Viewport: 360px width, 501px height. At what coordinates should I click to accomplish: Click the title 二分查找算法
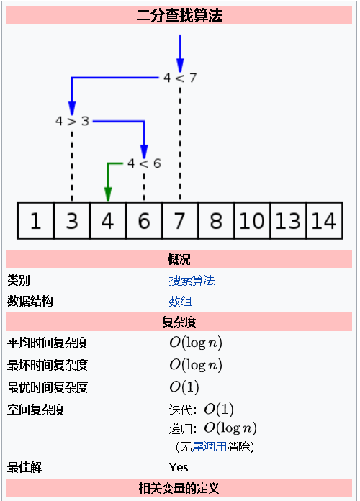[x=179, y=14]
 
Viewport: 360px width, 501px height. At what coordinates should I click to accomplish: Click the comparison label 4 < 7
[x=180, y=78]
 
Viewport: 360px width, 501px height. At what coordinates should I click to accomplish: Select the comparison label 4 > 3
[x=72, y=121]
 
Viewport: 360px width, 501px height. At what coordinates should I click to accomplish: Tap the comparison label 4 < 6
[x=144, y=163]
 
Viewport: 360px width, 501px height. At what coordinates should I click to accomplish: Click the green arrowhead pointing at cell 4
[x=108, y=194]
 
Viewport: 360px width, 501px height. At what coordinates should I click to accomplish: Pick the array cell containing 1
[x=36, y=221]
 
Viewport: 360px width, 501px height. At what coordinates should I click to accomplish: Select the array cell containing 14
[x=323, y=221]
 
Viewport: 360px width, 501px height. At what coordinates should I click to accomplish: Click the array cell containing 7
[x=180, y=221]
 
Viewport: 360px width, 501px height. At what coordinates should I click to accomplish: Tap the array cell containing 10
[x=252, y=221]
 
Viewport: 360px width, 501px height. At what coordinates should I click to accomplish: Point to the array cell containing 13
[x=288, y=221]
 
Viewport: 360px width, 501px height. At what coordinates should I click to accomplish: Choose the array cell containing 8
[x=216, y=221]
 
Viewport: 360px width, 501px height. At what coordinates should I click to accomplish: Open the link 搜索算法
[x=192, y=281]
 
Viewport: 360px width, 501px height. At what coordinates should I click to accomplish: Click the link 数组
[x=180, y=302]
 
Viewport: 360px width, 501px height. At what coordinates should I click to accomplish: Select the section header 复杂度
[x=179, y=322]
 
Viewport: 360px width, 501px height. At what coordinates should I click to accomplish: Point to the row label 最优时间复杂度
[x=48, y=387]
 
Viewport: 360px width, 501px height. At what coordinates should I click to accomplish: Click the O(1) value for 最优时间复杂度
[x=184, y=387]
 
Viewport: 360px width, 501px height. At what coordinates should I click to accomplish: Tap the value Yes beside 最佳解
[x=179, y=468]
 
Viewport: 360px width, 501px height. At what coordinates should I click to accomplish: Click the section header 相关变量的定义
[x=179, y=488]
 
